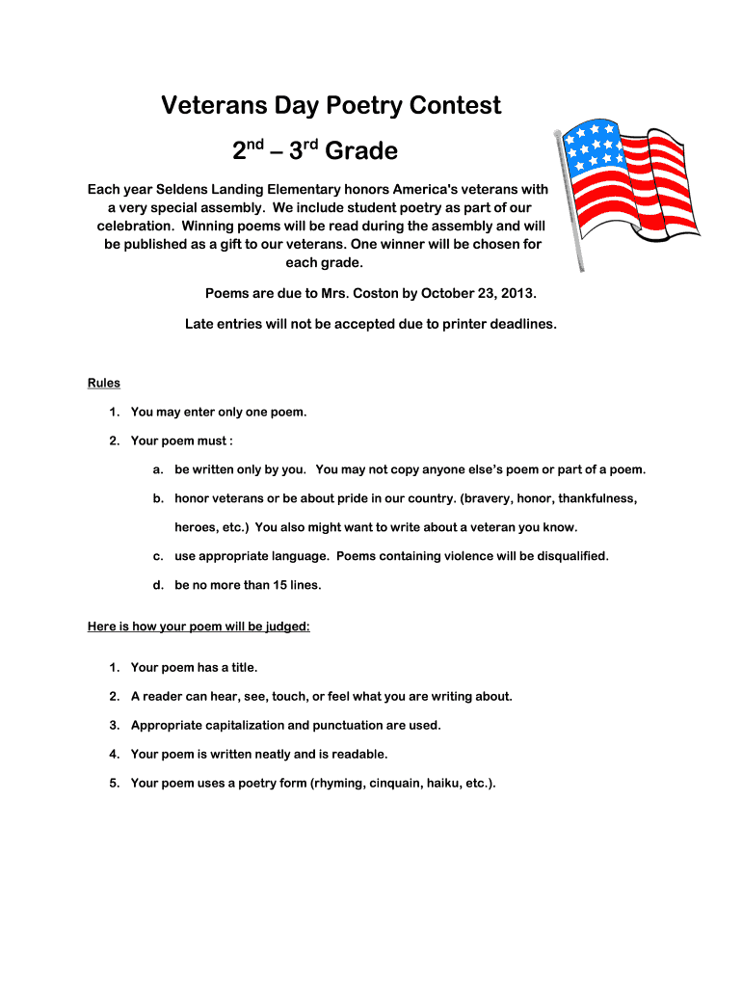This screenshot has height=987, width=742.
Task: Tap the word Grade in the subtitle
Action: [361, 151]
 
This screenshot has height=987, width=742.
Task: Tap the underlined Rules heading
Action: [104, 383]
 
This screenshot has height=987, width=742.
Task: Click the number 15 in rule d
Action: [258, 585]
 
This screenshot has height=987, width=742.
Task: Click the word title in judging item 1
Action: [240, 667]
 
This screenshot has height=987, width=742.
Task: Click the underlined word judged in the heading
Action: [286, 627]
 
